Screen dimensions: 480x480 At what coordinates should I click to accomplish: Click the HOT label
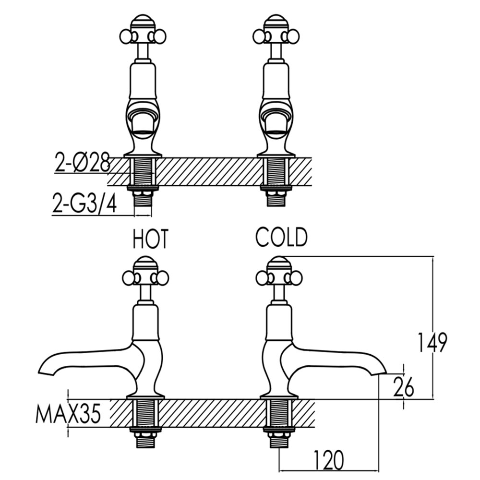click(151, 239)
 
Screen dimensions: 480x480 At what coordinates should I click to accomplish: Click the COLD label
click(281, 237)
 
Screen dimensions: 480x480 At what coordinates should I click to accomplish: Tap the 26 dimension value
click(403, 387)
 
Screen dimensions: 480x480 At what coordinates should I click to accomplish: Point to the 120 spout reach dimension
click(329, 460)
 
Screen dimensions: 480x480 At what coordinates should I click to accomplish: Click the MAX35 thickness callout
click(68, 413)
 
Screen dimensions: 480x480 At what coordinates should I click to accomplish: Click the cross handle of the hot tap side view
click(145, 277)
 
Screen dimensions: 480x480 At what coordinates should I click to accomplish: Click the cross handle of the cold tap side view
click(279, 277)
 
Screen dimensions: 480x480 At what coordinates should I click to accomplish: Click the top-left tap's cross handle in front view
click(143, 35)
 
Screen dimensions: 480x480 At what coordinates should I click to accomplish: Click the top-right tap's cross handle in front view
click(276, 35)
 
